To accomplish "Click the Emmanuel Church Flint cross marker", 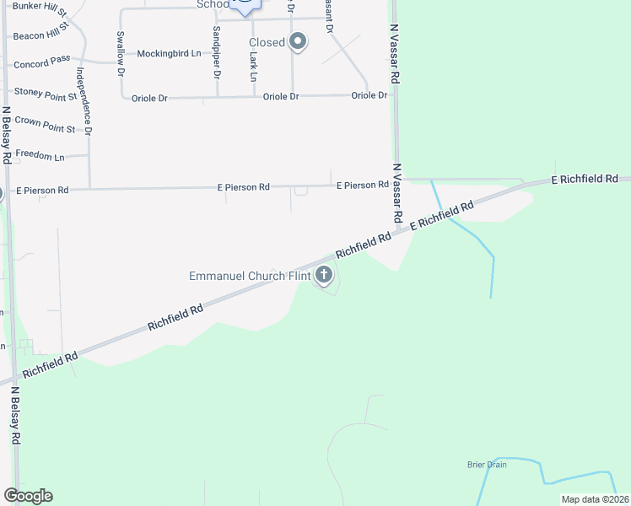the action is tap(324, 274).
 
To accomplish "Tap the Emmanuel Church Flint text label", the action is tap(249, 276).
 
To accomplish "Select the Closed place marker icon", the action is tap(297, 41).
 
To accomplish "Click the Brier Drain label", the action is tap(487, 465).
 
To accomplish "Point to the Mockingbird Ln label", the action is tap(169, 53).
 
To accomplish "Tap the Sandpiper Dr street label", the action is tap(217, 51).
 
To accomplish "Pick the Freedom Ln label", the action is tap(40, 157).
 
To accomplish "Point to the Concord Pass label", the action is tap(43, 65).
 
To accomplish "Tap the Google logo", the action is tap(28, 496).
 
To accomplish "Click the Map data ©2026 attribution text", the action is tap(595, 499).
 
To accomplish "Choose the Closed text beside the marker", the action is tap(266, 42).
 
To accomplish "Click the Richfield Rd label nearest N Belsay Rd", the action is tap(50, 364).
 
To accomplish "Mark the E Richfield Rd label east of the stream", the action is tap(585, 179).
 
